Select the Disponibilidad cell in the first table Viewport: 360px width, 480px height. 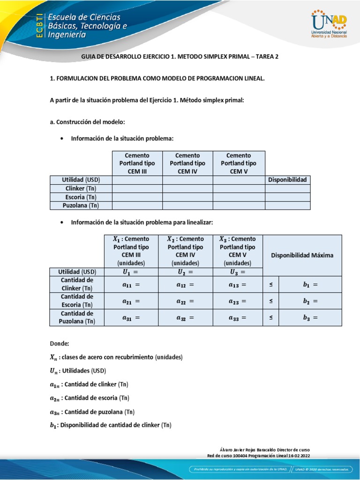pyautogui.click(x=287, y=180)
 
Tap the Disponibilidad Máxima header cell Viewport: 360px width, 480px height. pyautogui.click(x=302, y=255)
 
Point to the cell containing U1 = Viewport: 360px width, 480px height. pyautogui.click(x=131, y=272)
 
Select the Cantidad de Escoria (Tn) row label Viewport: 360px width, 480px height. pyautogui.click(x=77, y=301)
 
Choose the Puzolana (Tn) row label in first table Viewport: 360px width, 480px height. pyautogui.click(x=81, y=205)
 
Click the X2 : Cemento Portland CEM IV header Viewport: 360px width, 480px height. pyautogui.click(x=185, y=251)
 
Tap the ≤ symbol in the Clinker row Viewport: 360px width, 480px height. pyautogui.click(x=270, y=284)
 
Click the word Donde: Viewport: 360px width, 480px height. pyautogui.click(x=59, y=343)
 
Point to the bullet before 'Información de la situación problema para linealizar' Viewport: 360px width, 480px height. pyautogui.click(x=62, y=222)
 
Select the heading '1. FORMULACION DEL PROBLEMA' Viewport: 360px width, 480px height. pyautogui.click(x=157, y=79)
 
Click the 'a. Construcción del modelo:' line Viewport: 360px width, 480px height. pyautogui.click(x=87, y=122)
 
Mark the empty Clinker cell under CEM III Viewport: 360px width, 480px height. pyautogui.click(x=137, y=188)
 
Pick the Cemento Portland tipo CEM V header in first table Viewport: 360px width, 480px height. pyautogui.click(x=239, y=163)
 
